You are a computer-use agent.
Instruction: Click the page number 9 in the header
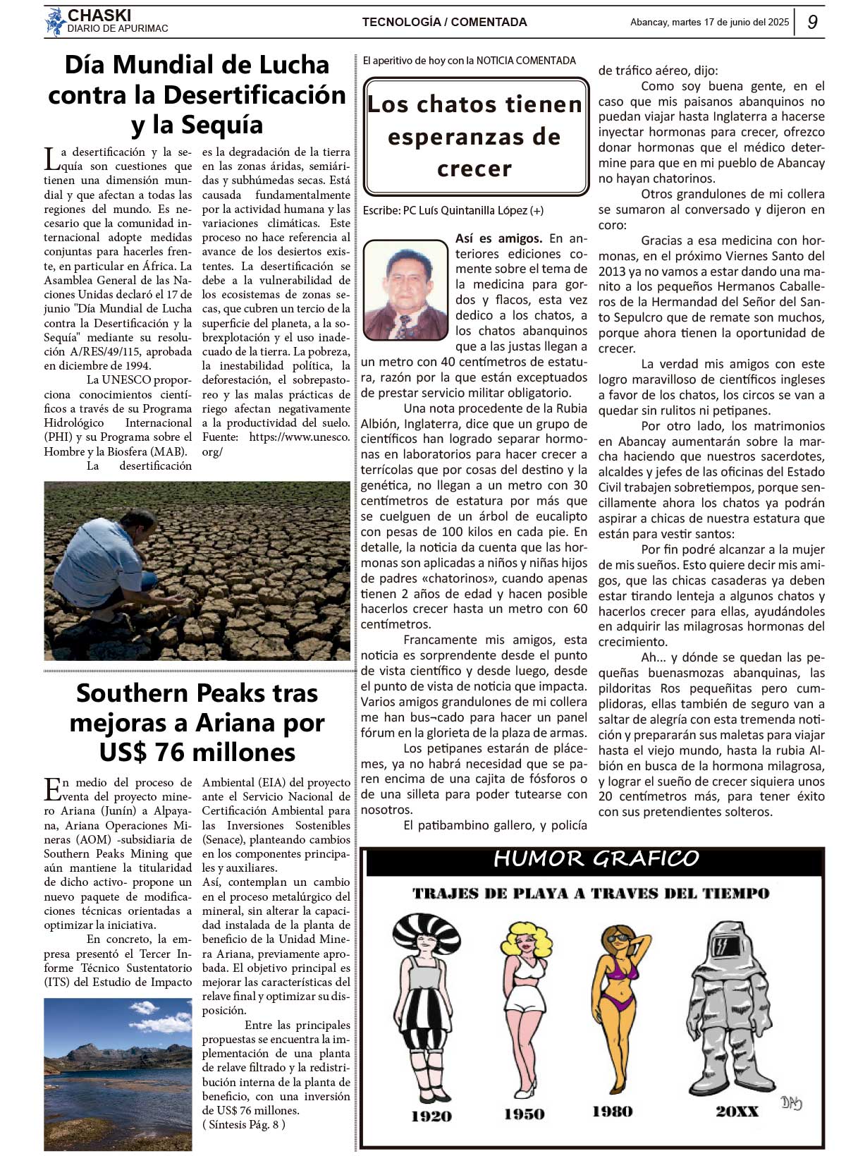click(x=812, y=22)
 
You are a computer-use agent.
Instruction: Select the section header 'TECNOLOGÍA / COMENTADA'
click(x=444, y=22)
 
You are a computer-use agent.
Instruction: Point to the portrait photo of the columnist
click(x=405, y=290)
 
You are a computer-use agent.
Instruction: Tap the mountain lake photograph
click(x=118, y=1074)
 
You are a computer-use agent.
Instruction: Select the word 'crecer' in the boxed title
click(x=474, y=169)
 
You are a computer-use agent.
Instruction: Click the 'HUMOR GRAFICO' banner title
click(x=596, y=858)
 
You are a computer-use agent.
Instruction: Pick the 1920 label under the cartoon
click(x=431, y=1116)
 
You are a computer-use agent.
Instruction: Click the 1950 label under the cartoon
click(x=524, y=1114)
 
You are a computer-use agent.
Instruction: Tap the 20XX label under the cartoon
click(x=737, y=1112)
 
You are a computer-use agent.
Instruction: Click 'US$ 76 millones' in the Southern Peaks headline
click(x=197, y=753)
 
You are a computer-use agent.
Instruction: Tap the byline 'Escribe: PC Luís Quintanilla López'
click(x=453, y=210)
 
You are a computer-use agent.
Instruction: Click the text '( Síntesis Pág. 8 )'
click(x=243, y=1125)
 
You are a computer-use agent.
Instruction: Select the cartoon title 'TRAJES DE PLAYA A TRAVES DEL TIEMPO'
click(x=591, y=894)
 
